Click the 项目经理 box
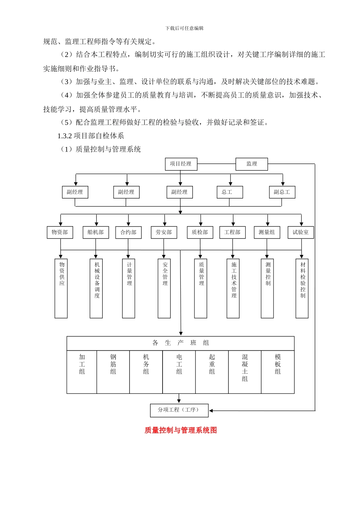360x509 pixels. tap(181, 164)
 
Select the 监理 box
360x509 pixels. tap(252, 164)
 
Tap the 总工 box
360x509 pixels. tap(229, 192)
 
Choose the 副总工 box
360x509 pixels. tap(282, 192)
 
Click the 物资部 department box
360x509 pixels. tap(60, 232)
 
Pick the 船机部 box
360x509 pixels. tap(95, 232)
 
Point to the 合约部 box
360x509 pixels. tap(128, 233)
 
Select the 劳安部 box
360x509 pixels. tap(164, 232)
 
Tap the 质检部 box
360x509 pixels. tap(200, 232)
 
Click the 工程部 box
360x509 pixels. tap(232, 232)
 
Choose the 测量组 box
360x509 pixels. tap(267, 232)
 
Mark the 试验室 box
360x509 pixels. tap(301, 232)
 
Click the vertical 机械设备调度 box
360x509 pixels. tap(96, 288)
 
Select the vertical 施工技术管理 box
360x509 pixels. tap(233, 288)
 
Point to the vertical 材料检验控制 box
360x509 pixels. tap(302, 288)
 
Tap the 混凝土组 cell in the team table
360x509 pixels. tap(245, 372)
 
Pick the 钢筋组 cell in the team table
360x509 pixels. tap(113, 372)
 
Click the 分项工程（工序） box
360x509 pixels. tap(179, 410)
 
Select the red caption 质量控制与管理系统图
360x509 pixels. tap(180, 430)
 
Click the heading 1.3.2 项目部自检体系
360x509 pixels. tap(91, 136)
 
